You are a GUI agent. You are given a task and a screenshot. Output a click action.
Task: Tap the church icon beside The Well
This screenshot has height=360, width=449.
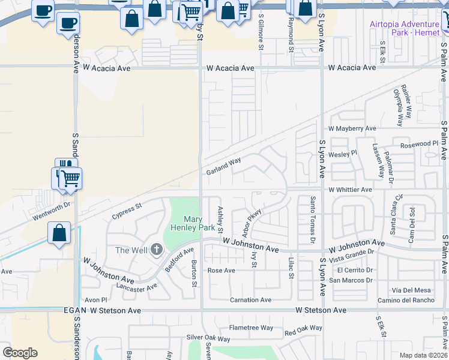pos(157,249)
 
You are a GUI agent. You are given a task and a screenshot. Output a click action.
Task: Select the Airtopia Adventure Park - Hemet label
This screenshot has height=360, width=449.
pos(405,28)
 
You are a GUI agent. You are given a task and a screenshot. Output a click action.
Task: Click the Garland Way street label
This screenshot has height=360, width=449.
pos(223,166)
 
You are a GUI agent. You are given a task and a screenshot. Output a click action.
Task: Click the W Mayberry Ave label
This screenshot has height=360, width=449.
pos(352,128)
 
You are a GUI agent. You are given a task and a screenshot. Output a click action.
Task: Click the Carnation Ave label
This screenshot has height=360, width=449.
pos(250,300)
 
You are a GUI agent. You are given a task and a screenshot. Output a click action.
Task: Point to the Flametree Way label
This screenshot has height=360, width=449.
pos(251,328)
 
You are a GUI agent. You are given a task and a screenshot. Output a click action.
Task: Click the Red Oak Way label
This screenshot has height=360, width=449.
pos(303,330)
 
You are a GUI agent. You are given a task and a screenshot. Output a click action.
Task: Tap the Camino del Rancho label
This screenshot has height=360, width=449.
pos(406,300)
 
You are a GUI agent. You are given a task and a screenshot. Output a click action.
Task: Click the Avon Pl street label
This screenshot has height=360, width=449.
pos(95,299)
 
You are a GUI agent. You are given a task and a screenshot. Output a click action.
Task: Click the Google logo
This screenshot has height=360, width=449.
pos(20,353)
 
